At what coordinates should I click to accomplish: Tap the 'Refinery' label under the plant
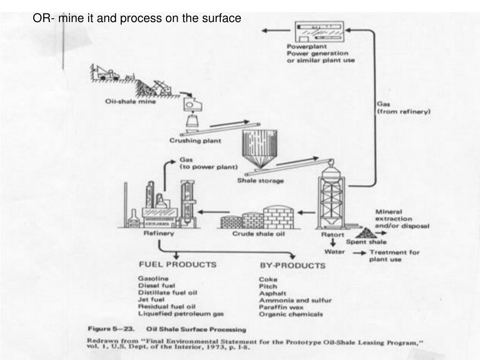click(x=158, y=233)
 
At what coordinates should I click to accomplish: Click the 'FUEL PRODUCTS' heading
click(x=177, y=264)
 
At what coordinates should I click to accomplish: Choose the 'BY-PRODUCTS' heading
click(x=292, y=266)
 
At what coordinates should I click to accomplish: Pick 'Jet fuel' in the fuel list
click(x=150, y=300)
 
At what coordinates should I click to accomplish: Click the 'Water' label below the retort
click(x=335, y=252)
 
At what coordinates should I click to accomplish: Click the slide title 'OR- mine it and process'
click(x=136, y=19)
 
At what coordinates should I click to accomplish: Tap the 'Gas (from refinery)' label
click(x=403, y=109)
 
